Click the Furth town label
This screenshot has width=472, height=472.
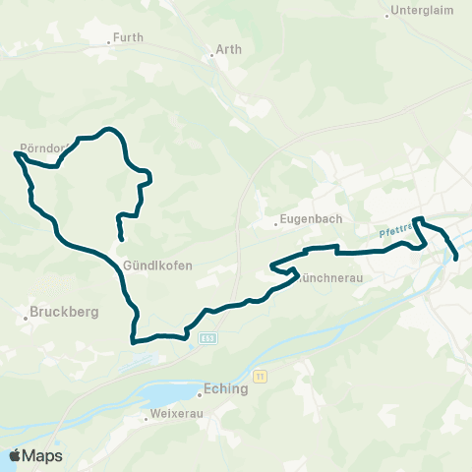point(129,37)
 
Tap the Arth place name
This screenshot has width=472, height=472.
point(227,47)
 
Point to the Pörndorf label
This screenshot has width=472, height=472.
point(42,148)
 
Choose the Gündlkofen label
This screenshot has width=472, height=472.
point(158,265)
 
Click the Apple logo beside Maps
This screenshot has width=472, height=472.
point(15,456)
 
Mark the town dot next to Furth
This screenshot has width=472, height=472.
point(108,42)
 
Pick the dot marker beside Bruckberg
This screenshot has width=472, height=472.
point(25,319)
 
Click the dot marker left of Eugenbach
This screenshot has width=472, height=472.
point(275,223)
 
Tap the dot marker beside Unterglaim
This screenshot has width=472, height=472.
point(386,16)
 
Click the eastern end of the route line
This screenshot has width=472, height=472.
point(457,258)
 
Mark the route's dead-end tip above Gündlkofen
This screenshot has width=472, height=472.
point(121,239)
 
